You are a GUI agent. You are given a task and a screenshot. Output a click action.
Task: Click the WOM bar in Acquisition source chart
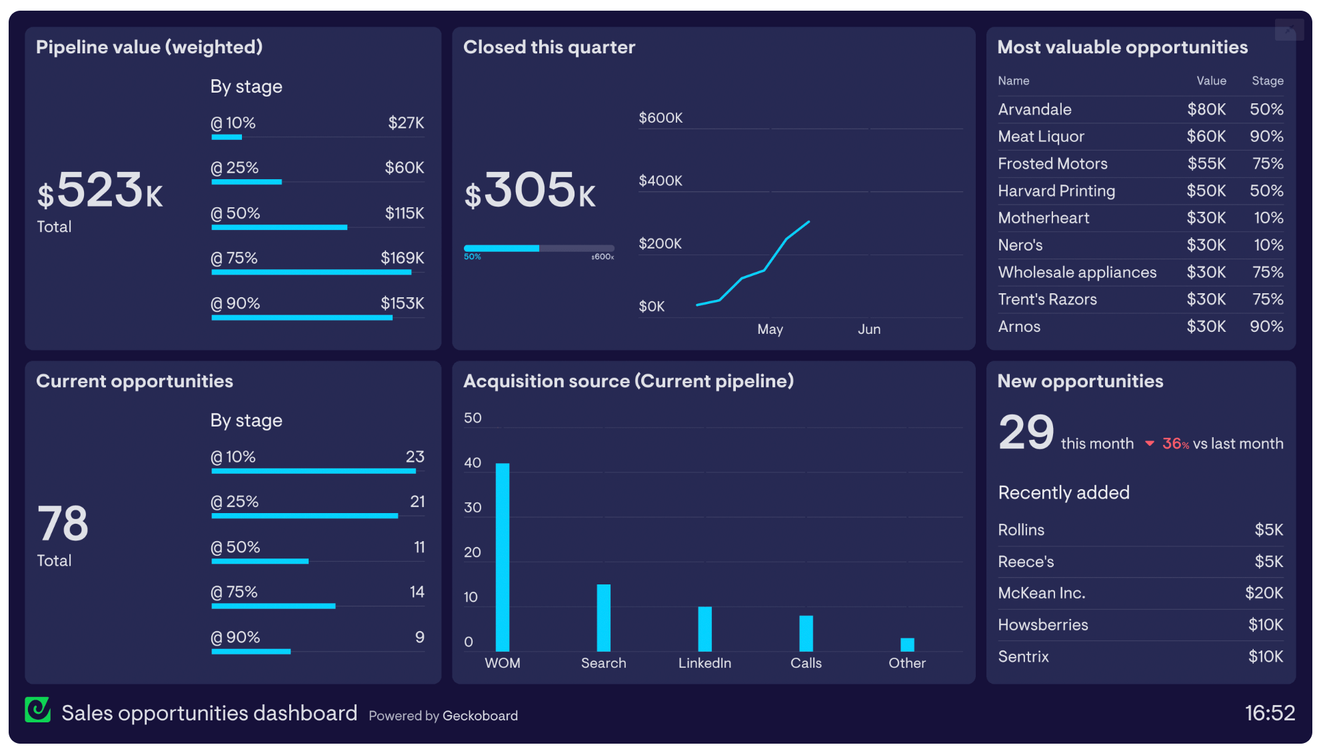coord(503,557)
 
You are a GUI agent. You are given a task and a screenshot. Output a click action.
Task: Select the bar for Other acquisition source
coord(907,644)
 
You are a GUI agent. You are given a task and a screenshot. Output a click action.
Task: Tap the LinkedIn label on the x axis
coord(704,663)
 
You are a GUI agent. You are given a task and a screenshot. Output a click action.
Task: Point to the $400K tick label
coord(660,181)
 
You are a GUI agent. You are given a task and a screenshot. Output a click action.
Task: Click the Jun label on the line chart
coord(869,329)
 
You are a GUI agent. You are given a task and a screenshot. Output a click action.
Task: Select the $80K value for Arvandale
coord(1206,109)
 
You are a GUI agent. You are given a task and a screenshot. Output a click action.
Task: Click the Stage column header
coord(1267,81)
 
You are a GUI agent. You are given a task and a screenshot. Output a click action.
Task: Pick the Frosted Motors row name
coord(1052,164)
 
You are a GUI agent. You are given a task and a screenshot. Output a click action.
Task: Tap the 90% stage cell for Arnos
coord(1266,327)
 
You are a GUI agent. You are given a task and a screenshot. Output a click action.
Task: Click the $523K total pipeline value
coord(100,191)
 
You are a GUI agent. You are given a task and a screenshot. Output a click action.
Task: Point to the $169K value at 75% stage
coord(402,258)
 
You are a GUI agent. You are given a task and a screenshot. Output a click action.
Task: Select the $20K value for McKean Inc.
coord(1264,593)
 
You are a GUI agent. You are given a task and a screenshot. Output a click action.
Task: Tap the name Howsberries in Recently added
coord(1042,625)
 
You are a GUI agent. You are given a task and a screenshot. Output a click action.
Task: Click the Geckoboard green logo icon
coord(38,710)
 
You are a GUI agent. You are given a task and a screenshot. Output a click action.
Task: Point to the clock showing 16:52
coord(1269,713)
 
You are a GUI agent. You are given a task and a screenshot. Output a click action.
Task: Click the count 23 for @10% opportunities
coord(415,457)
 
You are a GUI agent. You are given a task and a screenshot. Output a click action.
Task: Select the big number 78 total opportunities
coord(63,524)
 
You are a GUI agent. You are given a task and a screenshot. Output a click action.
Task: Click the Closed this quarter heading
coord(549,47)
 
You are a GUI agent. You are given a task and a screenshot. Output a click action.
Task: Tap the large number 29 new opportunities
coord(1026,432)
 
